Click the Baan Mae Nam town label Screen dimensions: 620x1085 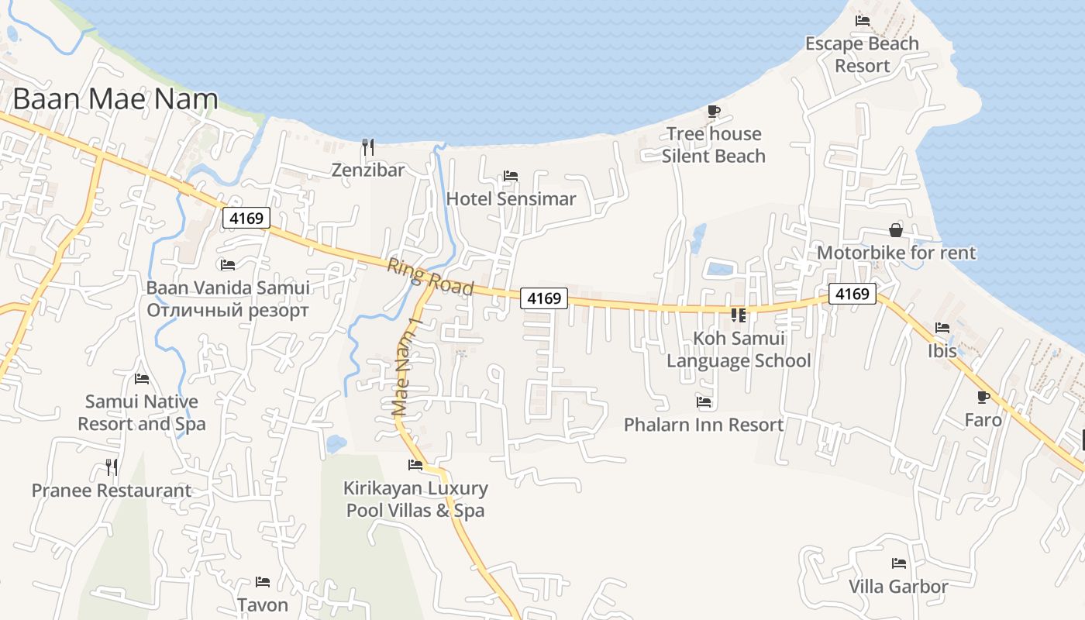115,99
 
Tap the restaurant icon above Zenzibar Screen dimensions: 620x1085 368,146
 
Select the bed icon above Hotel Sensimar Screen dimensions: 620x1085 511,176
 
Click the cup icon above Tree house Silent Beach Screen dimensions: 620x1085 714,112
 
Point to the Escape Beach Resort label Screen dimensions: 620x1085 862,54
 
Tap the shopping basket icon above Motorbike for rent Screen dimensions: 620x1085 896,230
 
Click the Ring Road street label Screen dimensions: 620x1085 430,277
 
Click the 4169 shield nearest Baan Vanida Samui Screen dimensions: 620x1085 246,219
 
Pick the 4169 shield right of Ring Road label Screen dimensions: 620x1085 544,298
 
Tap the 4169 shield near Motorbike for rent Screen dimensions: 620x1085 852,294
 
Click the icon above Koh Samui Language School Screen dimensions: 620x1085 738,315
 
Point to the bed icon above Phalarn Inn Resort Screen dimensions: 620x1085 704,402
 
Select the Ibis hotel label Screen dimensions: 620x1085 942,350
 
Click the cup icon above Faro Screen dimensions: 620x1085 983,398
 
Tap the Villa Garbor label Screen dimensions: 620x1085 898,586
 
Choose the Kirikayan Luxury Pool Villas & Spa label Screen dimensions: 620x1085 415,499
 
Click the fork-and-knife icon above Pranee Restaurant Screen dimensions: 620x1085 112,467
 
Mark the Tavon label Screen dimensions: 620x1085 263,604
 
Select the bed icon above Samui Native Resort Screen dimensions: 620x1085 142,379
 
